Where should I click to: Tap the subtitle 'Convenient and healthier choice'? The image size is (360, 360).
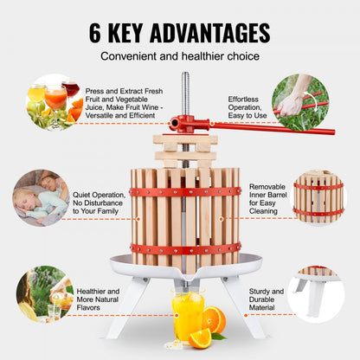tap(179, 56)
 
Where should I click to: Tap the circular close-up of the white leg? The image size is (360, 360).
tap(316, 294)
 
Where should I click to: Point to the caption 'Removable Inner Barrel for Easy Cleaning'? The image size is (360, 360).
tap(267, 197)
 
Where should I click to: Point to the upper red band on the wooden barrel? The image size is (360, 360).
tap(185, 191)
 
